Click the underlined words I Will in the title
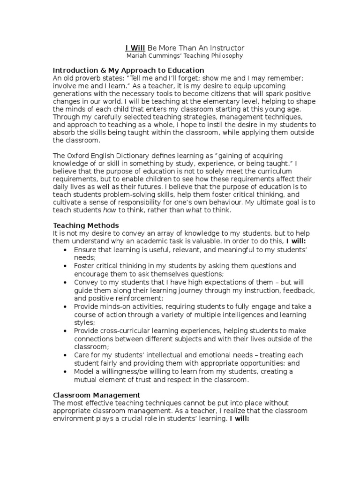pyautogui.click(x=135, y=48)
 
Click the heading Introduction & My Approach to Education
pyautogui.click(x=128, y=70)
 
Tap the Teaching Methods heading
pyautogui.click(x=86, y=225)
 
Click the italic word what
pyautogui.click(x=195, y=210)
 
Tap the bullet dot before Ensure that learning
pyautogui.click(x=65, y=250)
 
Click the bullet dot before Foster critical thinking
pyautogui.click(x=65, y=266)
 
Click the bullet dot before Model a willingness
pyautogui.click(x=65, y=371)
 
